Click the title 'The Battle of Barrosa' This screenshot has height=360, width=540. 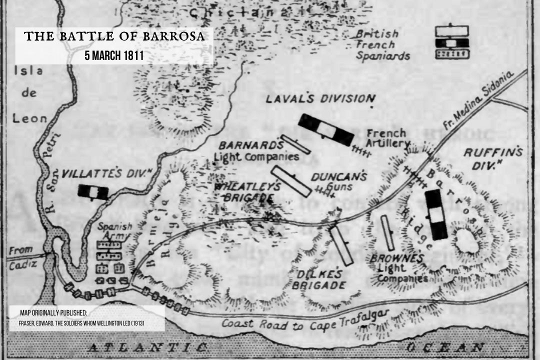coord(114,36)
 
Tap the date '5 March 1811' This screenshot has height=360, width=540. coord(114,54)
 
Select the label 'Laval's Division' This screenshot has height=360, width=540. coord(320,98)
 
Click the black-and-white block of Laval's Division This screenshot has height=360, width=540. coord(325,130)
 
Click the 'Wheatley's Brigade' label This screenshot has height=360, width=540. coord(243,191)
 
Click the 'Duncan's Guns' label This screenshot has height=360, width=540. coord(338,181)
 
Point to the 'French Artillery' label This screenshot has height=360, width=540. coord(386,138)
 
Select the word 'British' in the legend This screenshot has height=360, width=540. coord(377,34)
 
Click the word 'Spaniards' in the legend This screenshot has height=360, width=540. coord(382,55)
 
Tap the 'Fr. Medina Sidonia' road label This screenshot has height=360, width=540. coord(479,97)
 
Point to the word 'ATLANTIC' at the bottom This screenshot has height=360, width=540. coord(147,347)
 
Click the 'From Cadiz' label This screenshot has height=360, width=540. coord(20,257)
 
